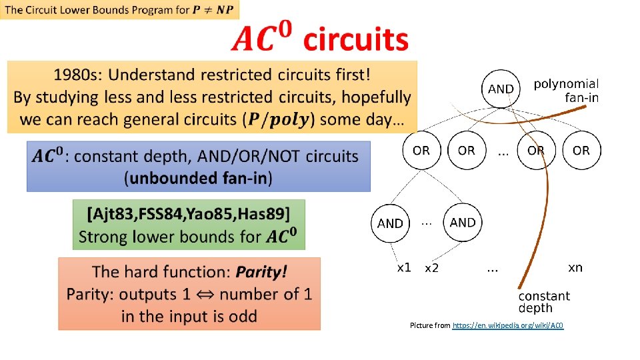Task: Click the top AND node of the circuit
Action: tap(501, 89)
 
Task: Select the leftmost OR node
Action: tap(421, 150)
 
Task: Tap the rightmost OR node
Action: tap(581, 150)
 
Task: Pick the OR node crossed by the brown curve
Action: tap(536, 150)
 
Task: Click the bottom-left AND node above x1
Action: tap(390, 223)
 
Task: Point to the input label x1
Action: tap(404, 267)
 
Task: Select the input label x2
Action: tap(432, 267)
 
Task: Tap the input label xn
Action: tap(575, 267)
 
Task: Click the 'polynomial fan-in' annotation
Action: tap(566, 90)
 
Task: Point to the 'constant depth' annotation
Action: tap(544, 301)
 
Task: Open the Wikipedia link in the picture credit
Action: tap(508, 325)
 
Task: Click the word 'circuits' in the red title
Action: tap(355, 40)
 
